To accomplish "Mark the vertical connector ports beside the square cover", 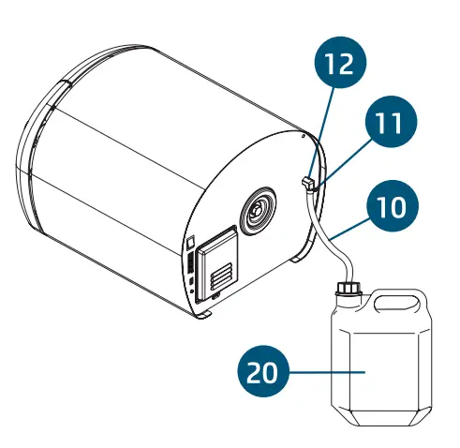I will pos(189,276).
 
